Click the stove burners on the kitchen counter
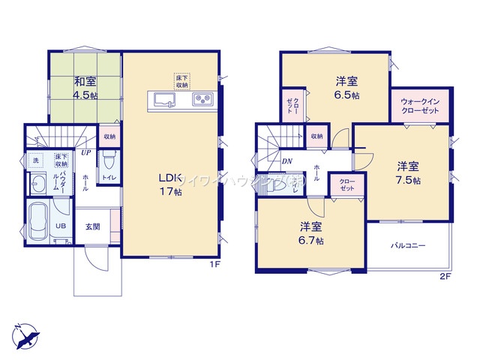tap(203, 100)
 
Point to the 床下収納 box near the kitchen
tap(182, 81)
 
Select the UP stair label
tap(87, 152)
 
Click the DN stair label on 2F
tap(286, 160)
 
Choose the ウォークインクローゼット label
tap(420, 106)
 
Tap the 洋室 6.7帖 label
tap(310, 234)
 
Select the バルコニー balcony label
tap(407, 245)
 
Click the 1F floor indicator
tap(214, 263)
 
